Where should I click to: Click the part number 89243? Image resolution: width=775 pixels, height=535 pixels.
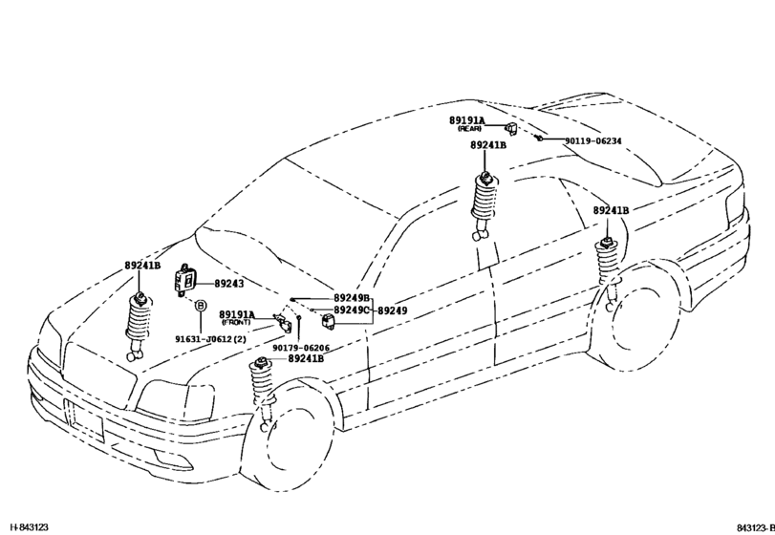(x=229, y=284)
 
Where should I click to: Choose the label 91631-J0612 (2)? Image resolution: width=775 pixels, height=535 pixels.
(x=210, y=338)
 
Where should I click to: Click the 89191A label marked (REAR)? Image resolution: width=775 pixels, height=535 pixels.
(x=468, y=121)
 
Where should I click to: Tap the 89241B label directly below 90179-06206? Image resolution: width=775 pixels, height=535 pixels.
(x=306, y=358)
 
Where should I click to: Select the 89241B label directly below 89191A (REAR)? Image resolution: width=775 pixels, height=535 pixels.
(x=488, y=145)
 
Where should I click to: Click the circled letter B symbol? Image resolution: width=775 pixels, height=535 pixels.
(x=201, y=306)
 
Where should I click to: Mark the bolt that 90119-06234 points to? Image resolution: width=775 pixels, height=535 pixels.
(x=540, y=139)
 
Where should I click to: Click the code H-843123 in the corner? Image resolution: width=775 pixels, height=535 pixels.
(x=30, y=526)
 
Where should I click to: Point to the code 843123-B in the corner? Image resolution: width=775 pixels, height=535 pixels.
(x=754, y=526)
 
